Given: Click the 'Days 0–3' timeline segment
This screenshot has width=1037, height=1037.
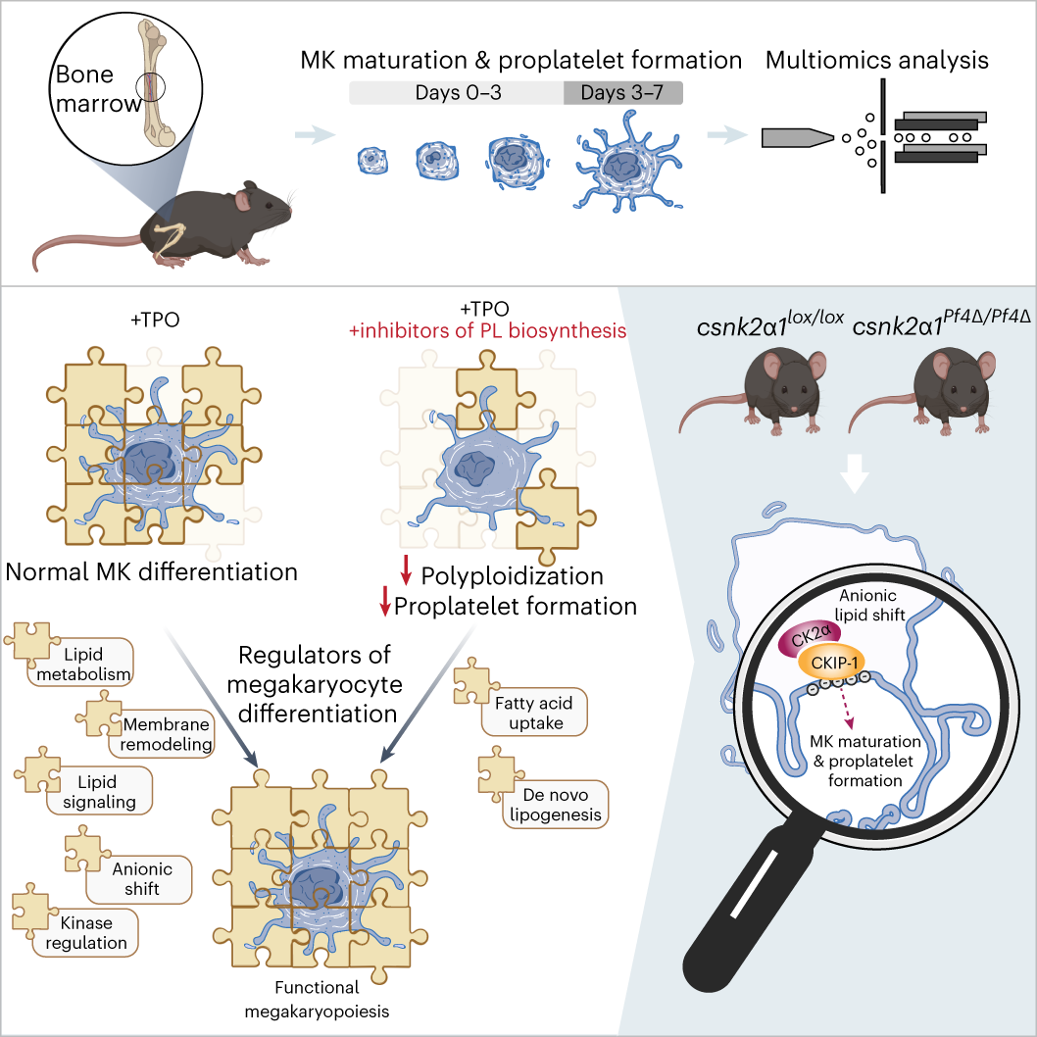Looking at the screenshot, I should click(456, 93).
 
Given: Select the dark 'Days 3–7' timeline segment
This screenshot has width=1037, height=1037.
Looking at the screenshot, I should click(622, 93).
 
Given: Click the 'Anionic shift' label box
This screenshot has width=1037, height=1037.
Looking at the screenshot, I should click(142, 878).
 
